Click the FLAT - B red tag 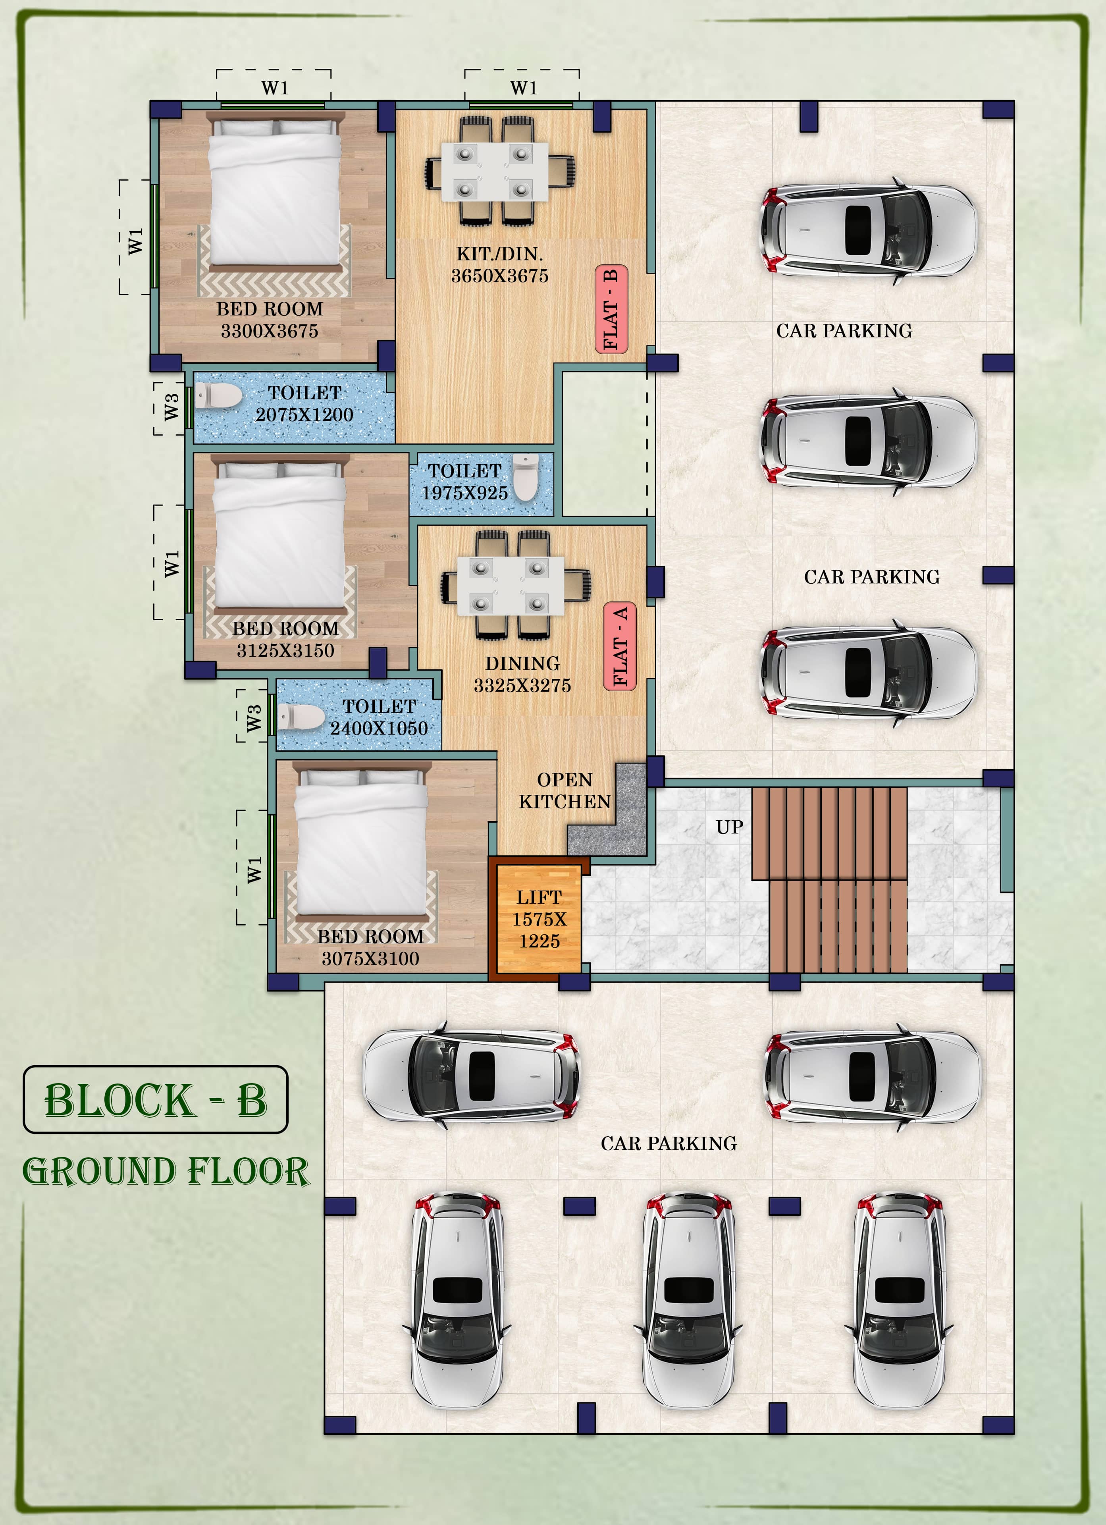pyautogui.click(x=611, y=309)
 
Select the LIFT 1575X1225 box pyautogui.click(x=539, y=918)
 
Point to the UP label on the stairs pyautogui.click(x=730, y=827)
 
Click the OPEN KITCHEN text pyautogui.click(x=565, y=791)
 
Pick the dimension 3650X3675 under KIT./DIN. pyautogui.click(x=499, y=276)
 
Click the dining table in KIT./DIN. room pyautogui.click(x=495, y=172)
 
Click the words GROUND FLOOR pyautogui.click(x=166, y=1171)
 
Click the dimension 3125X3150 pyautogui.click(x=285, y=651)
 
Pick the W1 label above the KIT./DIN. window pyautogui.click(x=524, y=88)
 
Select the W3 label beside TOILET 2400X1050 pyautogui.click(x=253, y=718)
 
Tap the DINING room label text pyautogui.click(x=522, y=664)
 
